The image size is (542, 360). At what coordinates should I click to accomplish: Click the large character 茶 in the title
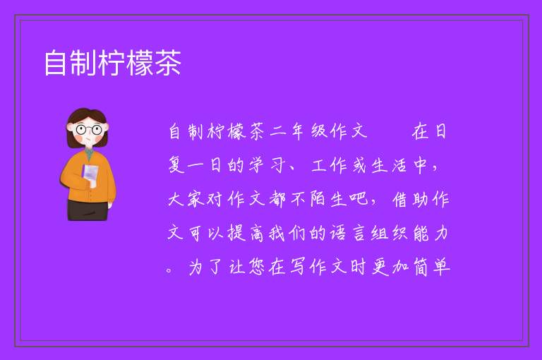coord(168,63)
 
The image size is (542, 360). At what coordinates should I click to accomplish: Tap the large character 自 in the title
coord(55,63)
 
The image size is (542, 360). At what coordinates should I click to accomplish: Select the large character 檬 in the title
coord(140,63)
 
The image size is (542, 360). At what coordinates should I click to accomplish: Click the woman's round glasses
coord(89,130)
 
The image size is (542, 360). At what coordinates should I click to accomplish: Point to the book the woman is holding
coord(90,174)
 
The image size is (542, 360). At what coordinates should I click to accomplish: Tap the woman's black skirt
coord(88,210)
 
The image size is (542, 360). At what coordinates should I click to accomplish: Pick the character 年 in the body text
coord(297,132)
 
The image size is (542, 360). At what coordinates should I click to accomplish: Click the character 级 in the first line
coord(318,132)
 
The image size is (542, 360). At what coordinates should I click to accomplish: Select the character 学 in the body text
coord(256,165)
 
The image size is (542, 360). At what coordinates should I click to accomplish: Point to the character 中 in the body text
coord(420,165)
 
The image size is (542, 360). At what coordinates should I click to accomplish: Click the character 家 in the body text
coord(196,199)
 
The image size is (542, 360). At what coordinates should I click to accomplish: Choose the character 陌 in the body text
coord(318,199)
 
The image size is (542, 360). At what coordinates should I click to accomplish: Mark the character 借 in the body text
coord(400,199)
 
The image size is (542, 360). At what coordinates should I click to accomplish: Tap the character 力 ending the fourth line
coord(441,233)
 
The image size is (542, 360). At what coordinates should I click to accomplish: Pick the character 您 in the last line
coord(256,267)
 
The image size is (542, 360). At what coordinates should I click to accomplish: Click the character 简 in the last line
coord(421,267)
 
